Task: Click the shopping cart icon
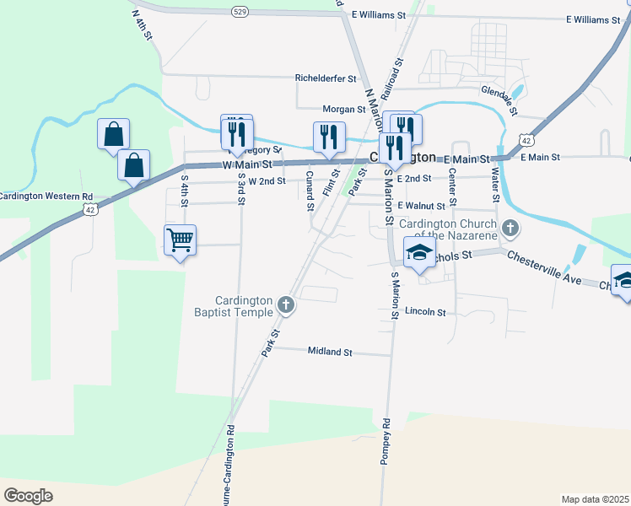181,240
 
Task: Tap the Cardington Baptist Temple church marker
286,304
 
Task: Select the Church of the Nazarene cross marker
510,228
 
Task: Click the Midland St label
329,352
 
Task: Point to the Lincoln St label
425,312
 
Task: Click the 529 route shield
240,11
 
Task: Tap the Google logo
28,496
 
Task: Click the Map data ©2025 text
595,499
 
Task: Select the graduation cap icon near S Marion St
419,252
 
